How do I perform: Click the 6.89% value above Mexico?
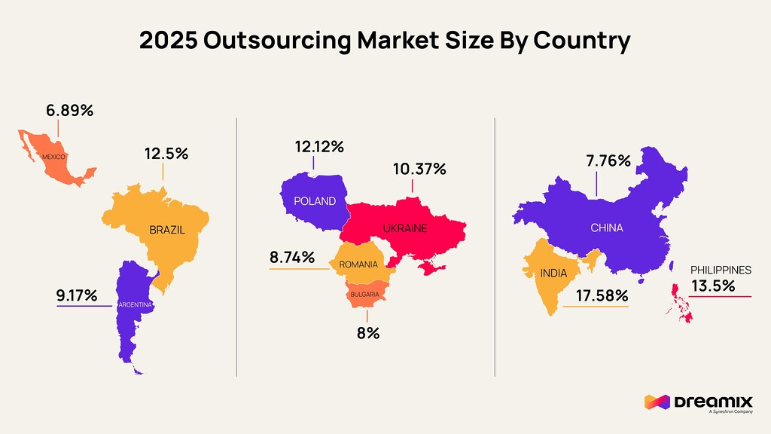pos(69,111)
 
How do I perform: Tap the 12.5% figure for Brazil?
pos(166,154)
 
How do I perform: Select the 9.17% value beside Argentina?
pos(77,295)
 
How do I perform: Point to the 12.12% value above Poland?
pos(319,147)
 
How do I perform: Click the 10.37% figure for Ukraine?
pos(419,169)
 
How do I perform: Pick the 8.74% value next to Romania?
pos(292,258)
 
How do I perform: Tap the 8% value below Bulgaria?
pos(367,333)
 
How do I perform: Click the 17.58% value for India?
pos(602,295)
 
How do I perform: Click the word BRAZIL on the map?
pos(167,230)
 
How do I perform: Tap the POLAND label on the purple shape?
pos(314,201)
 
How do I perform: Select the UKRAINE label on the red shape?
pos(404,228)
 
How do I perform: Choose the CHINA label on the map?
pos(606,228)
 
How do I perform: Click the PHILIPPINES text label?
pos(721,270)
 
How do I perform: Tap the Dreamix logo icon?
pos(656,402)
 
